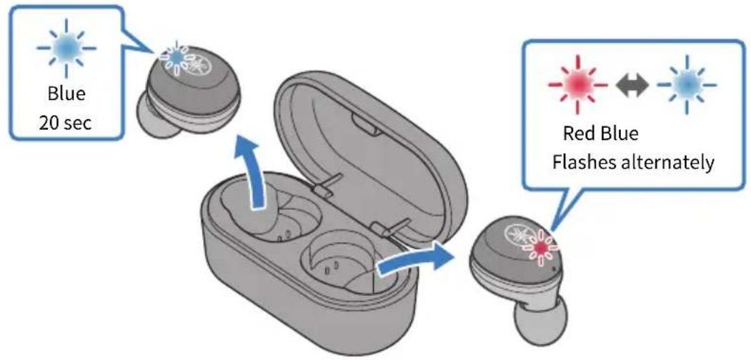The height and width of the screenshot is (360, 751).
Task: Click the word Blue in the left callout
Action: click(66, 94)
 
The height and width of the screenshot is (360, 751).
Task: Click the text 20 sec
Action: click(66, 124)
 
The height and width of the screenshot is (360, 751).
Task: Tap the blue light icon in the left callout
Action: click(66, 48)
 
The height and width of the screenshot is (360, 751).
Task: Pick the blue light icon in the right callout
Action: click(687, 85)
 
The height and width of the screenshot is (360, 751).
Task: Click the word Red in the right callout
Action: click(578, 134)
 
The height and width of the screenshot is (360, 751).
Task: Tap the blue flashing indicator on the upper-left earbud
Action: click(176, 57)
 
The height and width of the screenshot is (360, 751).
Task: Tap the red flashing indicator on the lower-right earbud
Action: click(541, 247)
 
